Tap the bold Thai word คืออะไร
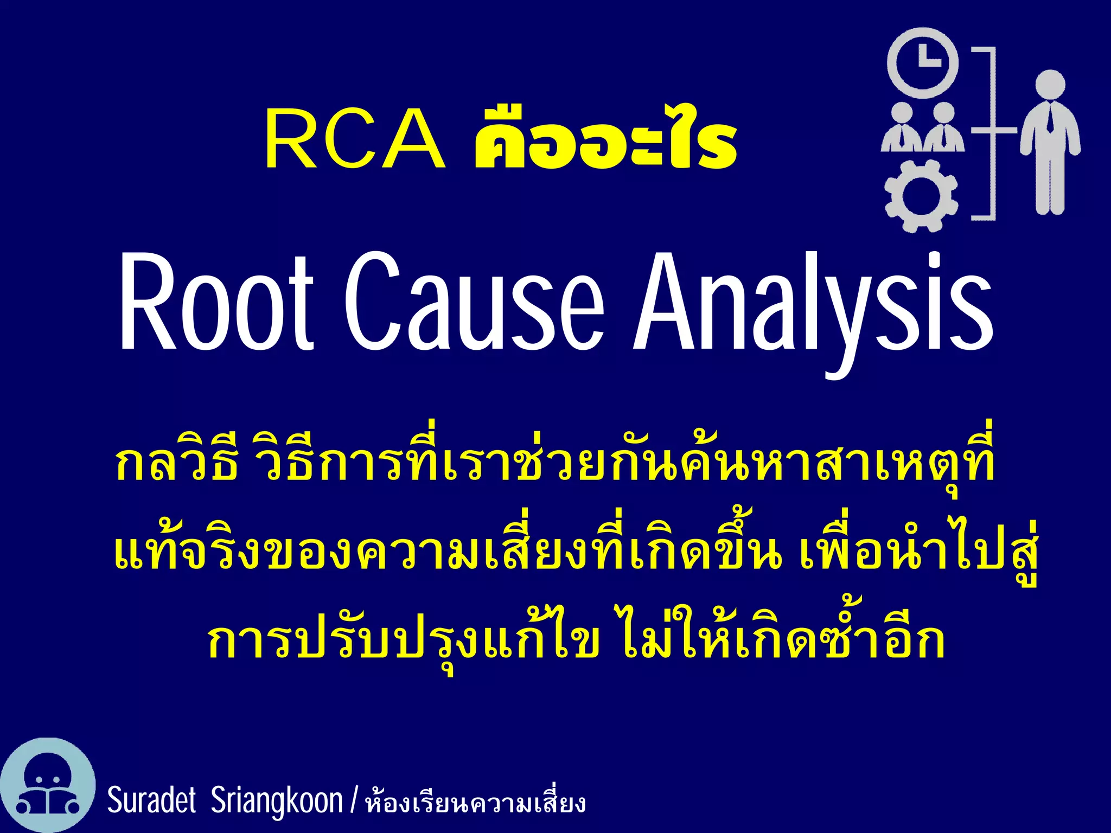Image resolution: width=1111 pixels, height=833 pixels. (605, 139)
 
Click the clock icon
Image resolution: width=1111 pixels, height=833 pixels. (923, 63)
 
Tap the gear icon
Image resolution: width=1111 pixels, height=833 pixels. (921, 196)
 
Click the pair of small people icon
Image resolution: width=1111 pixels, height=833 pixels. (922, 128)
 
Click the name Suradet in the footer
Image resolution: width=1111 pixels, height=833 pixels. (151, 800)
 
